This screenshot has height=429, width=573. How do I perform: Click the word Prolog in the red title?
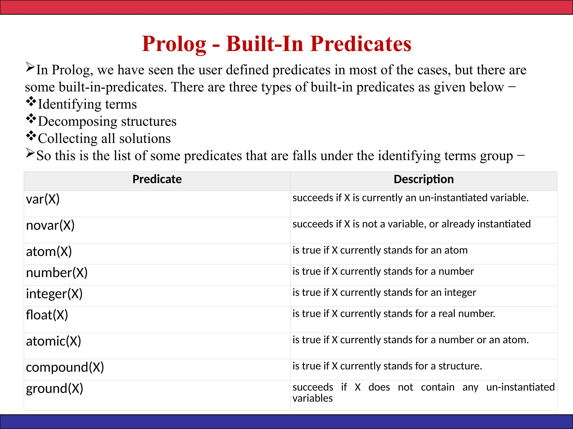174,44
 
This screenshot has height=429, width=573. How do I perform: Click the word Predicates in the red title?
361,44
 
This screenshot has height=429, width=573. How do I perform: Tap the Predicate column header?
157,179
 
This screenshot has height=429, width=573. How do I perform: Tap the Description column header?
424,179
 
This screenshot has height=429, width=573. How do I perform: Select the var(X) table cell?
43,199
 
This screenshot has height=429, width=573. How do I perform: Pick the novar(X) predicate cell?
50,225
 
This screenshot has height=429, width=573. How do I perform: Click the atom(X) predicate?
49,252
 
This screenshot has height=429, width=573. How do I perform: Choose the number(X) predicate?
57,273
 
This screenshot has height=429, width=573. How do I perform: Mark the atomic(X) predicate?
53,341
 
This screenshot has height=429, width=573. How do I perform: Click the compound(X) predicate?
65,368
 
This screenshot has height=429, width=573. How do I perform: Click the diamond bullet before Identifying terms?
31,101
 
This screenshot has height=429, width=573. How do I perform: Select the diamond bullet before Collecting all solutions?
31,136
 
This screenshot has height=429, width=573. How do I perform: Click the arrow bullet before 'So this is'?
30,153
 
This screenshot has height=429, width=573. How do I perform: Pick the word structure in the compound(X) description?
460,366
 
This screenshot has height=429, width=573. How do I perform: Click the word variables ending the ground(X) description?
313,398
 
